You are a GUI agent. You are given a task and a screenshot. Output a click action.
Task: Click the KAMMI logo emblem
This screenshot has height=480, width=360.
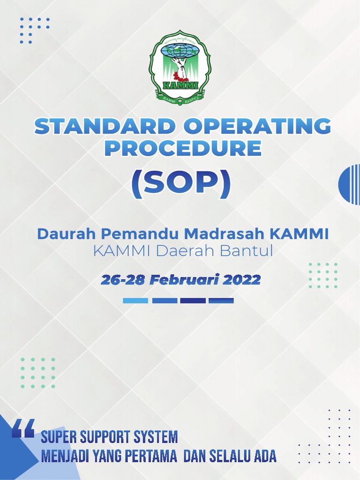[180, 67]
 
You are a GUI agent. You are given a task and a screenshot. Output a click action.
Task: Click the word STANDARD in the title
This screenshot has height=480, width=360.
[98, 127]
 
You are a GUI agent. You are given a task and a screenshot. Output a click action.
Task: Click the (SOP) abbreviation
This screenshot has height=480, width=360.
[181, 185]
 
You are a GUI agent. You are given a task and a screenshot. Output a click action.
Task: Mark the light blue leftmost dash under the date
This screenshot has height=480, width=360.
[135, 300]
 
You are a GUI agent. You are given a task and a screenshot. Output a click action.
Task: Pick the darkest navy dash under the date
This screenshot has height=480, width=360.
[193, 300]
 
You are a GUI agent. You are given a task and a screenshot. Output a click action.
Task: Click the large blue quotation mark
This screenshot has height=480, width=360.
[23, 428]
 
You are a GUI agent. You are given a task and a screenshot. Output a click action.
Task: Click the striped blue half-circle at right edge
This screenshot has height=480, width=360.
[350, 185]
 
